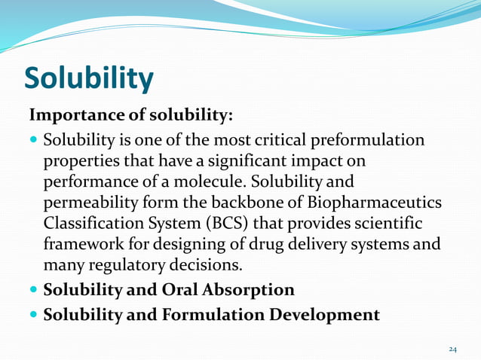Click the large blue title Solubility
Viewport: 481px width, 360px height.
point(89,78)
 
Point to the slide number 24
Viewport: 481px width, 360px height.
point(452,349)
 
